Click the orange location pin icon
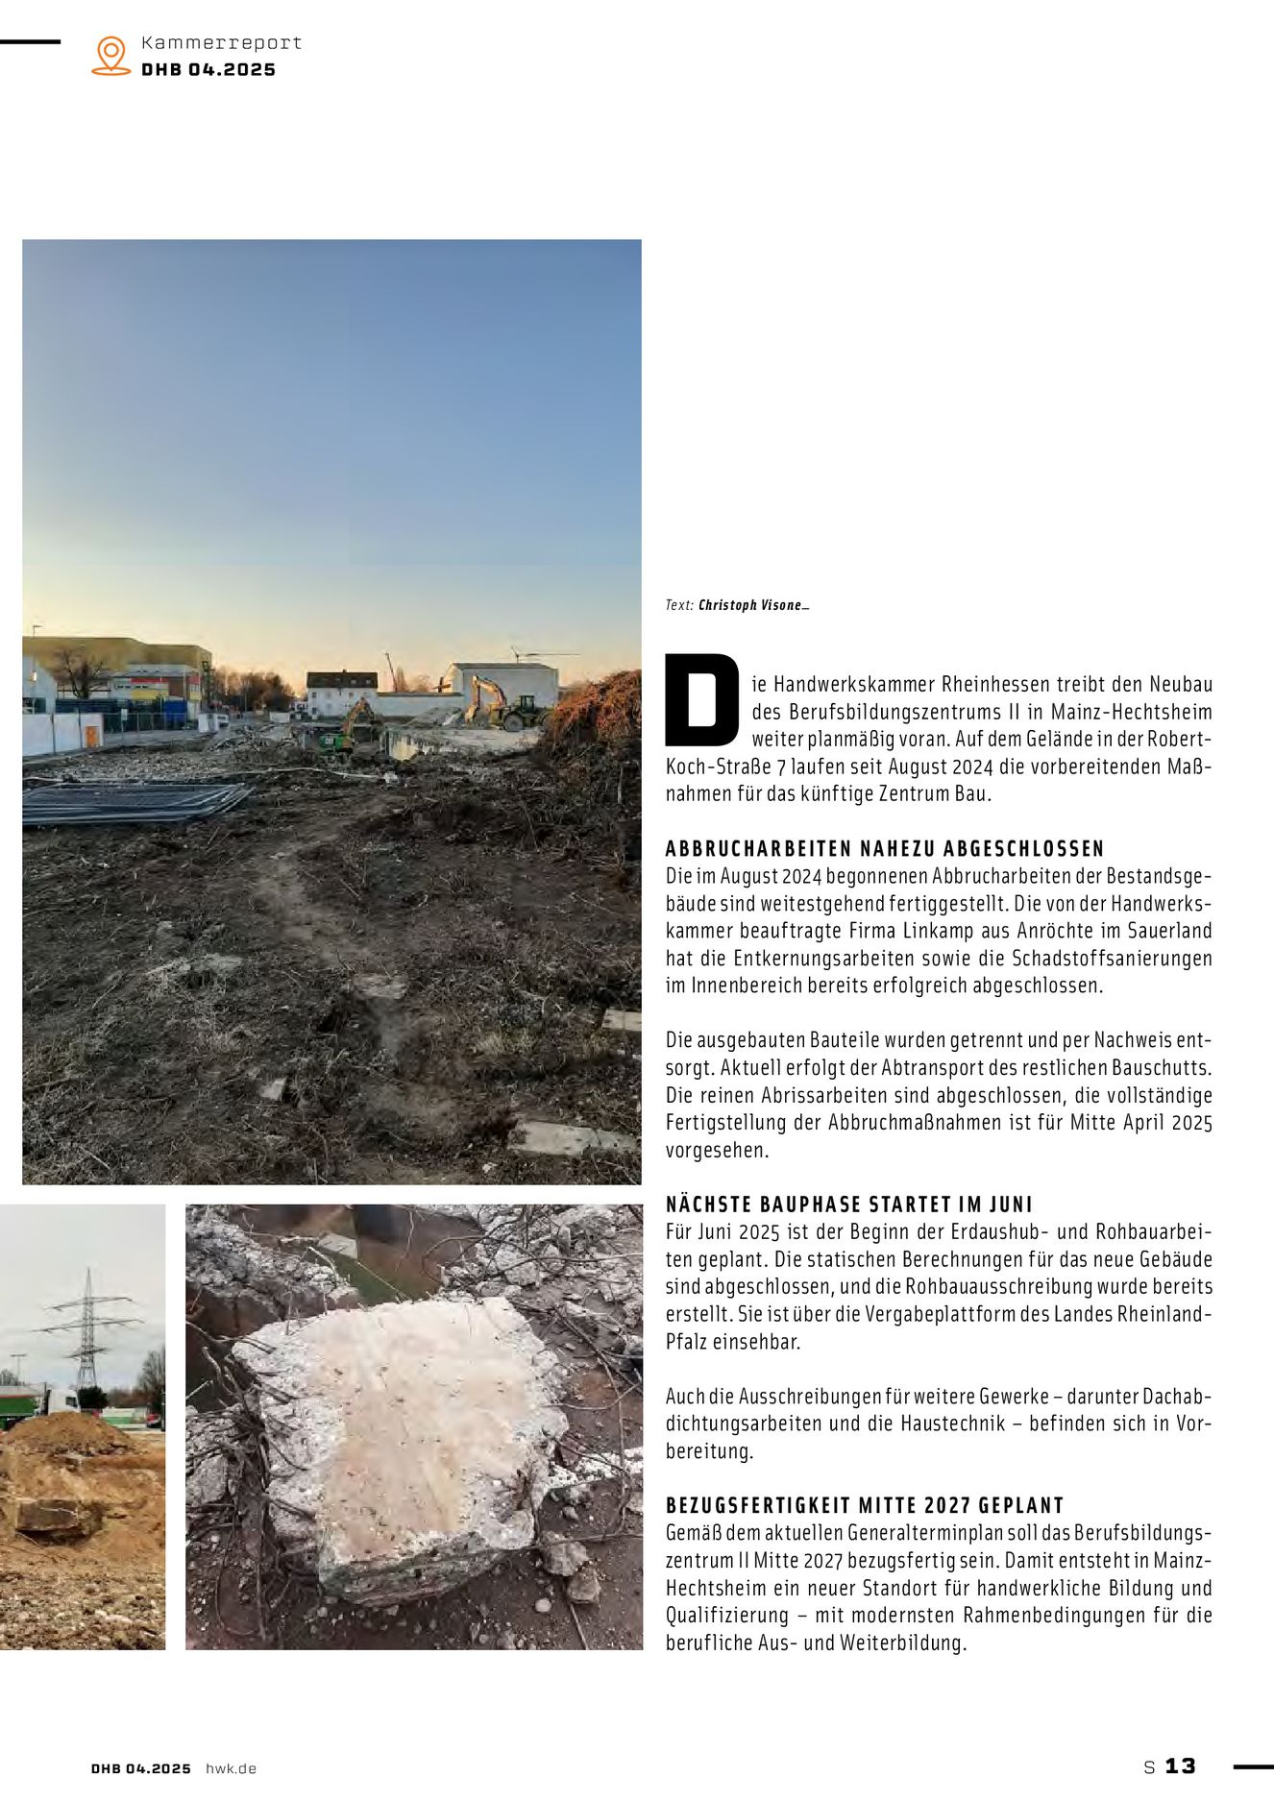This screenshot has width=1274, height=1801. [x=111, y=56]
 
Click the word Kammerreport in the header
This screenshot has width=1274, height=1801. [x=221, y=43]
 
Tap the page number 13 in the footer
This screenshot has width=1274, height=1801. [x=1180, y=1765]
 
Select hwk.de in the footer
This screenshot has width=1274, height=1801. [x=231, y=1768]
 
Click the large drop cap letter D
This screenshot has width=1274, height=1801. [x=701, y=700]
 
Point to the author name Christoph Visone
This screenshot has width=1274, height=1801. [x=751, y=605]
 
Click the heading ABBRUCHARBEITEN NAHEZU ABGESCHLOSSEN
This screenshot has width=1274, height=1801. [x=885, y=848]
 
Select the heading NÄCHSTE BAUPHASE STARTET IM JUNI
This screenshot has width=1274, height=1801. [x=848, y=1204]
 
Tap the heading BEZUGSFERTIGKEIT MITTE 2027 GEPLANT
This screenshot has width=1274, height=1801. [x=865, y=1505]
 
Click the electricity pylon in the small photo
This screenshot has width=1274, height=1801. [x=87, y=1326]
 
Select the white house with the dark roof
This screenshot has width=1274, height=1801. [x=341, y=692]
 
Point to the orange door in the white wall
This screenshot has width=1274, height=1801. [x=91, y=736]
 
